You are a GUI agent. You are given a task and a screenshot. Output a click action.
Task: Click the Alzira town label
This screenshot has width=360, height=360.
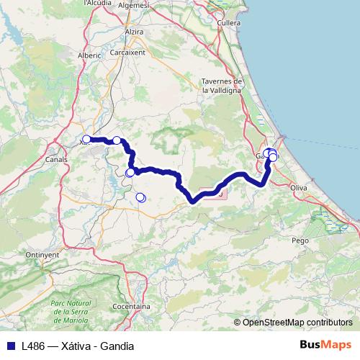[134, 32]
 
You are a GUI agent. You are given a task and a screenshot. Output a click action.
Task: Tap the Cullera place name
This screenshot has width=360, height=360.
[228, 23]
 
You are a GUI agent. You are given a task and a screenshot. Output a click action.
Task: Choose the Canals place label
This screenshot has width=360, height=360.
[56, 159]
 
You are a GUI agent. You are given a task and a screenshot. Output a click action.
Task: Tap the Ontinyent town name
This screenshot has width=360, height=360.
[41, 255]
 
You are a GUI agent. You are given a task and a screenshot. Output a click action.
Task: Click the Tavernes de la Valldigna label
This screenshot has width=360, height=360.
[225, 86]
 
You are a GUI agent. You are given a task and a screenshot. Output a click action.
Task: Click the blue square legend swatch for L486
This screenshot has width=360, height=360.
[11, 346]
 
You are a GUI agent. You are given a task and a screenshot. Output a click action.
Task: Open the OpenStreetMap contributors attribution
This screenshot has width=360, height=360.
[297, 322]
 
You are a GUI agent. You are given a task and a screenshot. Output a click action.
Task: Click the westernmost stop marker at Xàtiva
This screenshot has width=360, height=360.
[86, 139]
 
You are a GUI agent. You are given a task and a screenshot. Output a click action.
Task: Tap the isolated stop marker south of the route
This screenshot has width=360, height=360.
[140, 197]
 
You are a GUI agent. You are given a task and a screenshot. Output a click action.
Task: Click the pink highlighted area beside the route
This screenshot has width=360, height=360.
[214, 192]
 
